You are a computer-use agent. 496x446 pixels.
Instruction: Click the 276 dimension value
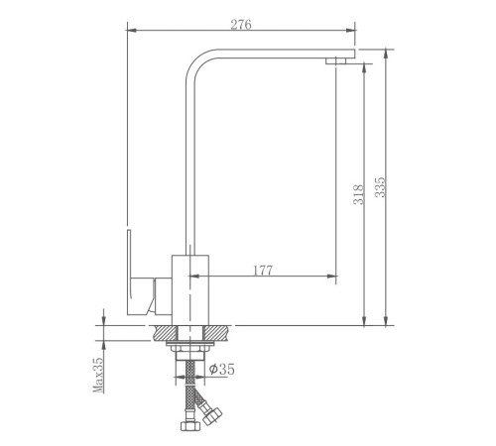tap(241, 25)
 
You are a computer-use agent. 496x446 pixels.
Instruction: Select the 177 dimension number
tap(263, 271)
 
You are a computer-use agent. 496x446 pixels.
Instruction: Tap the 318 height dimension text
tap(358, 194)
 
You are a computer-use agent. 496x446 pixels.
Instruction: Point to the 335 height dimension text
tap(380, 187)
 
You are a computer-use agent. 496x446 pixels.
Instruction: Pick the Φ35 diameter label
tap(221, 369)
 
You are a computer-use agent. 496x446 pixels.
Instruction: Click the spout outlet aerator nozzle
tap(335, 60)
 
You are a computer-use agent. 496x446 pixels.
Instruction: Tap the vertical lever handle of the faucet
tap(130, 271)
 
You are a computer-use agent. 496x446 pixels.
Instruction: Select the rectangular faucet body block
tap(190, 290)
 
